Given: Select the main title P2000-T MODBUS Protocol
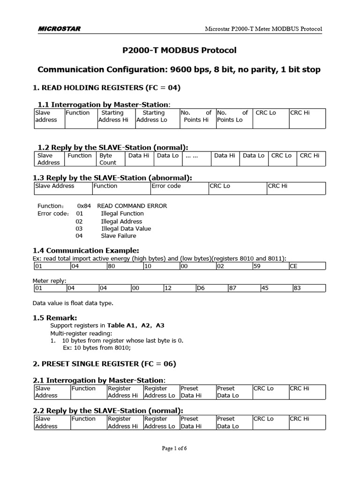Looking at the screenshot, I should [180, 51].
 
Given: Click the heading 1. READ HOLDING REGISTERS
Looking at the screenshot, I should [106, 88].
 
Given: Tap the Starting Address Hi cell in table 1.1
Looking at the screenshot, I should [112, 116].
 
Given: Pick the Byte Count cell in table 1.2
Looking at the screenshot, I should [108, 159].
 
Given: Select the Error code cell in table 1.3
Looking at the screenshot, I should [166, 186].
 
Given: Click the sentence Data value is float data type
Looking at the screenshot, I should [73, 303].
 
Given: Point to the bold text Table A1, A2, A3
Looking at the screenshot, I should [135, 325].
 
